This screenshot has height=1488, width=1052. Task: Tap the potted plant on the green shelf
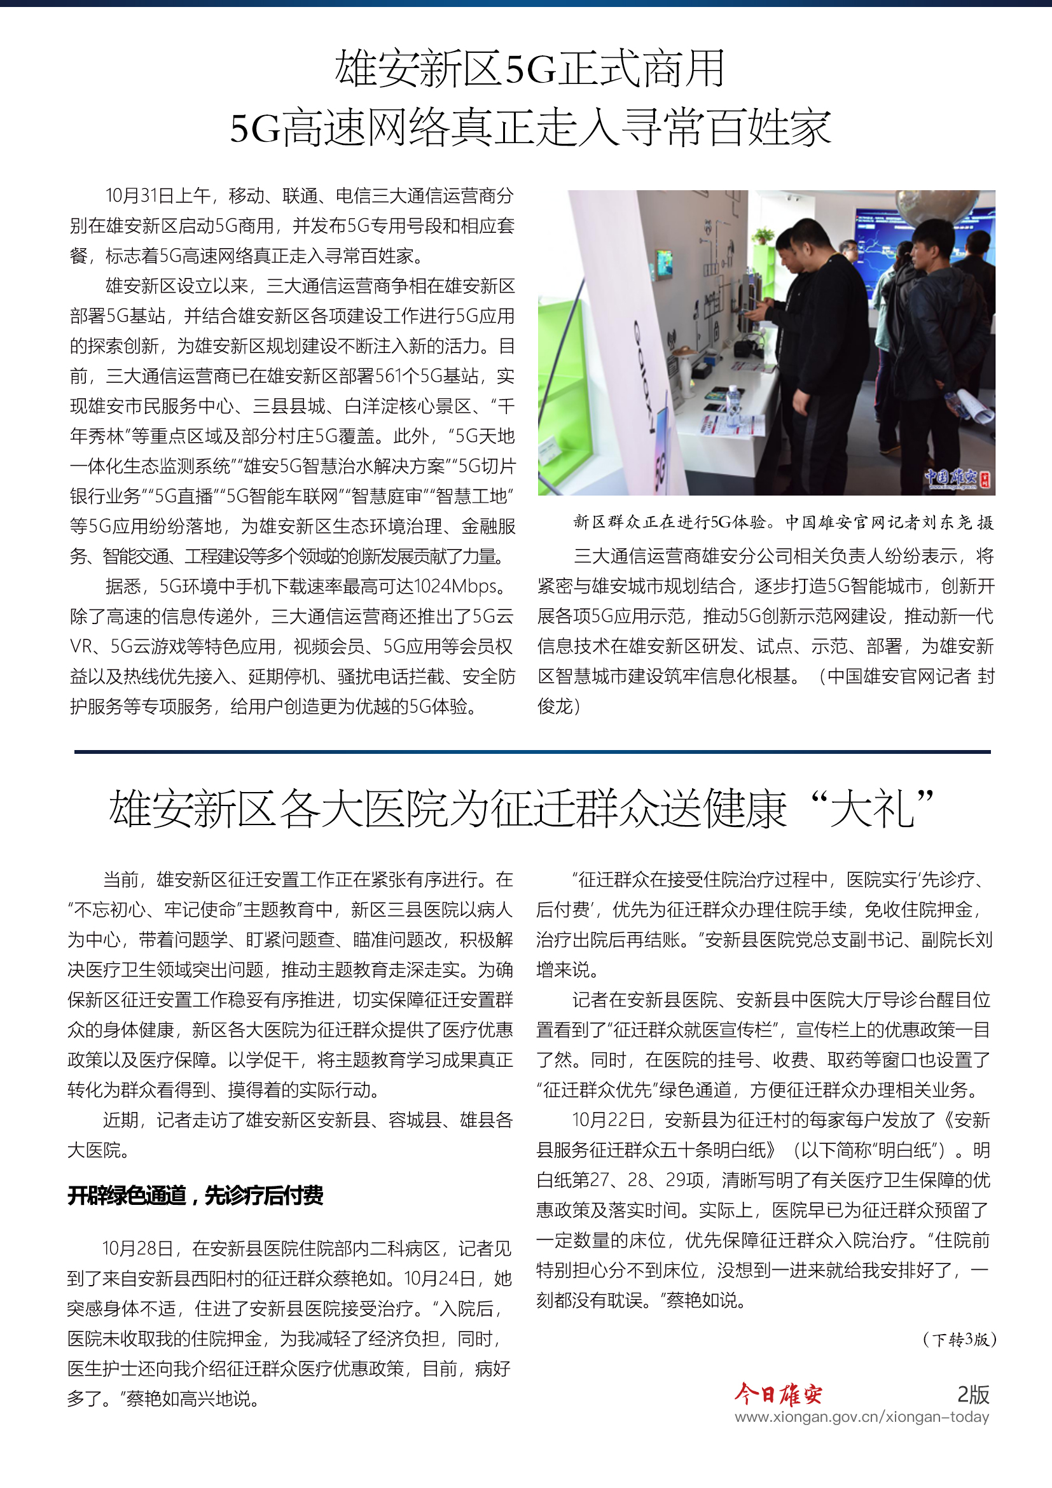point(764,236)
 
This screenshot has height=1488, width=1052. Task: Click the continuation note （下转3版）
point(959,1339)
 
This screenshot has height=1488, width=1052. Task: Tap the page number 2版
point(973,1394)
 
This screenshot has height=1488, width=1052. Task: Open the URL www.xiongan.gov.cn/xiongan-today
point(862,1417)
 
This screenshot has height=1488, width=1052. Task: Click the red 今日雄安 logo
point(778,1394)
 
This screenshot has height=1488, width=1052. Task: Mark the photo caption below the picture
point(782,522)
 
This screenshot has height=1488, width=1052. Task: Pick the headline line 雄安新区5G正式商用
point(530,69)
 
